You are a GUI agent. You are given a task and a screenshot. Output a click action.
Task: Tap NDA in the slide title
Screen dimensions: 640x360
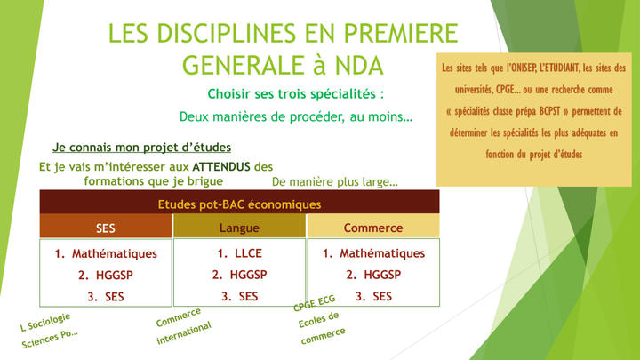click(359, 65)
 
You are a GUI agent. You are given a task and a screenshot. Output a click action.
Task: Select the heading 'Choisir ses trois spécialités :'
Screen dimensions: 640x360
click(296, 94)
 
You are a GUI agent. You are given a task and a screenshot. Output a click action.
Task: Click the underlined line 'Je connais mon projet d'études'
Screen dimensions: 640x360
click(141, 148)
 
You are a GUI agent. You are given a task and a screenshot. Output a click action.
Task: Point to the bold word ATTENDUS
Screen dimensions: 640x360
click(221, 166)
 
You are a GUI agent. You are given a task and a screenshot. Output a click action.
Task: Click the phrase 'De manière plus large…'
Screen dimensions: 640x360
click(335, 181)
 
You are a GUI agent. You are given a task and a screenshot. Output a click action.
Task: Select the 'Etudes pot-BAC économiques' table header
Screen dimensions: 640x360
click(240, 204)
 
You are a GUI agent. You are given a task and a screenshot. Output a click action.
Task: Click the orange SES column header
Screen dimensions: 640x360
click(106, 227)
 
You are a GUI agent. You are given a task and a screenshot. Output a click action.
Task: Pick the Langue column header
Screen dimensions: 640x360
click(239, 227)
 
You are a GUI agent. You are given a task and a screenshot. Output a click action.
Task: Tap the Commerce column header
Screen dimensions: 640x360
click(373, 227)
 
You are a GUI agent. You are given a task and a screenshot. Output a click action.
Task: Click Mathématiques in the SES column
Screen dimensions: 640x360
click(115, 254)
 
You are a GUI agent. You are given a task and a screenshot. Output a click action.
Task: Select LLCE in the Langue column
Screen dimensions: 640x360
click(249, 253)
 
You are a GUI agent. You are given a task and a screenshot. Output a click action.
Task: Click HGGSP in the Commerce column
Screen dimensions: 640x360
click(382, 275)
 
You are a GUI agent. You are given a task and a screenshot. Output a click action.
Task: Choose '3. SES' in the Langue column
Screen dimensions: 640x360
click(240, 296)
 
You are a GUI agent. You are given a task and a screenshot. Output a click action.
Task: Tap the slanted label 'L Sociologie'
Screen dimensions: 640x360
click(45, 322)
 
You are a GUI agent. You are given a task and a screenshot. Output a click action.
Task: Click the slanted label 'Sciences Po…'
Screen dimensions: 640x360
click(50, 339)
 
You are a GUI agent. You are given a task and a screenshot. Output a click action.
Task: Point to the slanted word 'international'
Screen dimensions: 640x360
click(184, 332)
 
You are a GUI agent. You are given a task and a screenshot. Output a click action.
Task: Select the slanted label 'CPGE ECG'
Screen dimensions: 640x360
click(315, 303)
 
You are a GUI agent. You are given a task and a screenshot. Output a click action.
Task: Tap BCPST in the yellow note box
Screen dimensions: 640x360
click(549, 111)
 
